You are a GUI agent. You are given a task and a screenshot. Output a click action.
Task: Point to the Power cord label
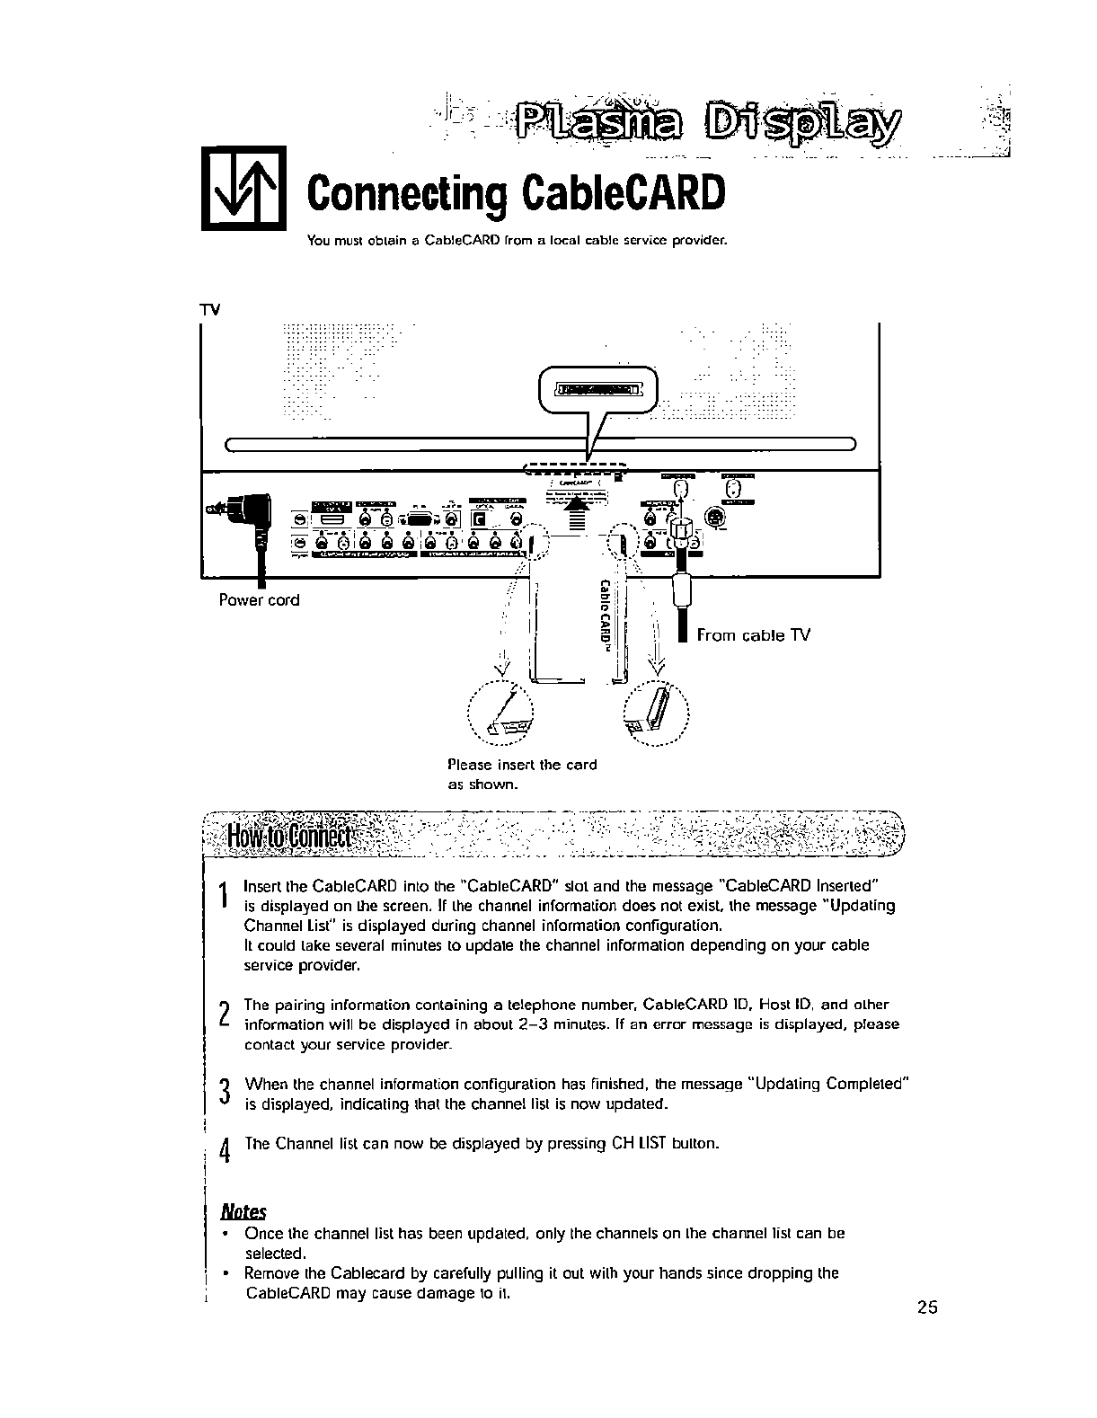pyautogui.click(x=259, y=600)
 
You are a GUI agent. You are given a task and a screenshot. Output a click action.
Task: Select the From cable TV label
pyautogui.click(x=753, y=635)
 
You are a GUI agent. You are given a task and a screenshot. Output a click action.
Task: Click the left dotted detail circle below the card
pyautogui.click(x=500, y=716)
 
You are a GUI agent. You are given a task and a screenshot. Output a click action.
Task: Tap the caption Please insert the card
pyautogui.click(x=521, y=765)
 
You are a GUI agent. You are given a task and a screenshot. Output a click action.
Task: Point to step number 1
pyautogui.click(x=222, y=894)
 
